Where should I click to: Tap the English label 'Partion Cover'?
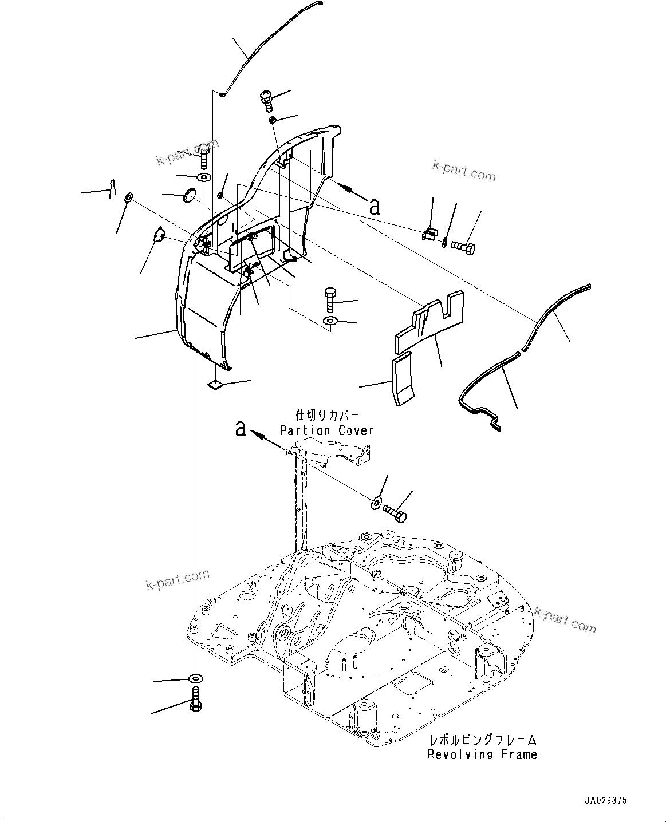click(326, 430)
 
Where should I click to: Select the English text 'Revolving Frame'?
click(482, 754)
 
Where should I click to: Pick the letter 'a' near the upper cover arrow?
click(375, 206)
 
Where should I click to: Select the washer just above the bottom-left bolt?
click(196, 679)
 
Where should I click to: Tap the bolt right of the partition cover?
click(396, 511)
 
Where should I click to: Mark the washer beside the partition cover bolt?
click(376, 502)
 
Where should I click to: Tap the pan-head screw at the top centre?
click(267, 100)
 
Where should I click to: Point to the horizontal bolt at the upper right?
click(463, 248)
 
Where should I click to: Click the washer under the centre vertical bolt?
click(330, 321)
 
